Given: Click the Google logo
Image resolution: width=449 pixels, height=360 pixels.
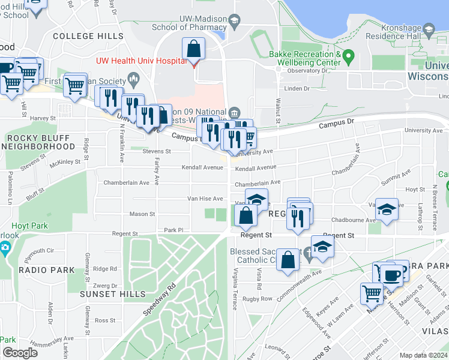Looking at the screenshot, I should click(x=19, y=353).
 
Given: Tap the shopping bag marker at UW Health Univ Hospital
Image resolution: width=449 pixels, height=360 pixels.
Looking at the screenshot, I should click(x=193, y=49).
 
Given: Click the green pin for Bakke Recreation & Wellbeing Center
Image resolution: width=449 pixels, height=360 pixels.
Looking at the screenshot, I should click(x=349, y=58).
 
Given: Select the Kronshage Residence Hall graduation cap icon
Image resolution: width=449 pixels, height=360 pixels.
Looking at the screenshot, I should click(x=428, y=29).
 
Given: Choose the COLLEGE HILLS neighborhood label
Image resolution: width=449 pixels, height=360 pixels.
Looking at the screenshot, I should click(x=88, y=36).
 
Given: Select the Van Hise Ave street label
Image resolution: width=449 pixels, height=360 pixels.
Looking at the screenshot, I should click(x=205, y=199).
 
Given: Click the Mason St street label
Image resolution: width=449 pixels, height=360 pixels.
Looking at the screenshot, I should click(x=142, y=214).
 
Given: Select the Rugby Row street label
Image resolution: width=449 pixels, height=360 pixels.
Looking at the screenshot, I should click(x=258, y=299).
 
